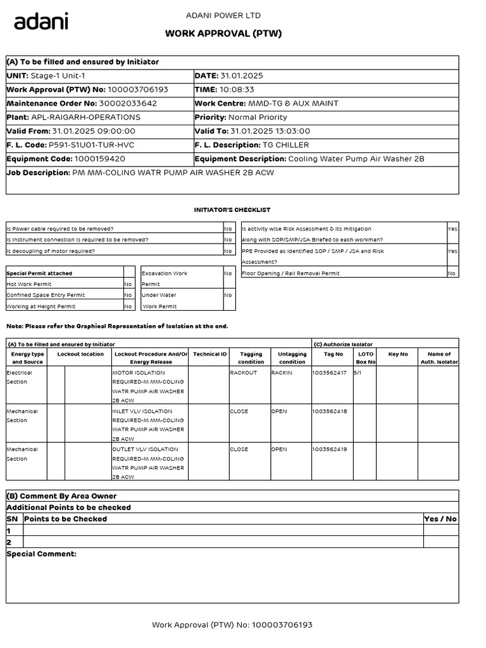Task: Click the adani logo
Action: (x=41, y=22)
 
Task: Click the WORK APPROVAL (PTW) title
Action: (x=223, y=34)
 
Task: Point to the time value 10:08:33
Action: (x=236, y=89)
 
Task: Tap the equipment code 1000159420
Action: (x=99, y=159)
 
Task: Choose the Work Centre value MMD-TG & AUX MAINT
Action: (x=293, y=103)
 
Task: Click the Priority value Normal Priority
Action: (x=258, y=117)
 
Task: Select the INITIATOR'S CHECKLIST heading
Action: (x=232, y=209)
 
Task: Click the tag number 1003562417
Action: (x=329, y=373)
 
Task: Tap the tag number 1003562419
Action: (x=329, y=449)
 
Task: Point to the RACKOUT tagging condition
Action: (x=243, y=373)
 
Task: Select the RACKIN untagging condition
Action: (x=282, y=373)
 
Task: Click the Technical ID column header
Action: (x=209, y=354)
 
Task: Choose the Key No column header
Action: (x=398, y=354)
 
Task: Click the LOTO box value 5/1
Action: (x=358, y=373)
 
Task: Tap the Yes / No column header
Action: (x=440, y=519)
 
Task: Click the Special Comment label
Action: (x=41, y=554)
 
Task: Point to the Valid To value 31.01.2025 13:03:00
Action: (x=270, y=131)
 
